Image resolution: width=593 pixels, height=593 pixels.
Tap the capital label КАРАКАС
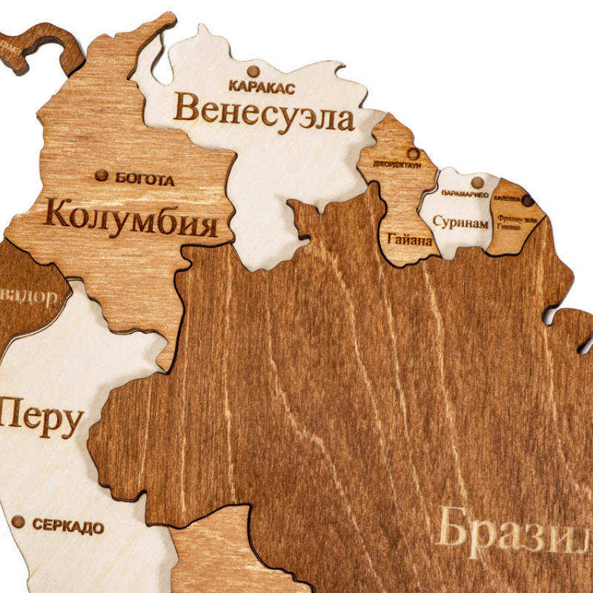[x=262, y=87]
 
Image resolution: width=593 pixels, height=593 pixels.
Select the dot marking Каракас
[x=254, y=72]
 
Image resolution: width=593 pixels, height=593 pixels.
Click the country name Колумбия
[x=130, y=215]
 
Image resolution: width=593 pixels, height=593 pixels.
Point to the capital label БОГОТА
[x=145, y=179]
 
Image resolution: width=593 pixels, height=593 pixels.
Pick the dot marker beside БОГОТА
[x=101, y=176]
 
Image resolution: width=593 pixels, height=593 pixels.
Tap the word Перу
[x=41, y=420]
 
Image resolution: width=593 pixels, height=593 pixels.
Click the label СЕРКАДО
[x=67, y=527]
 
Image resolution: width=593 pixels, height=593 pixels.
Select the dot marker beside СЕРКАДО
[x=19, y=523]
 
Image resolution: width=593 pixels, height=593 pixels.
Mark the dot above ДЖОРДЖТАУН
[x=413, y=153]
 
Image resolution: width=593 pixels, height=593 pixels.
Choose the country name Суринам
[x=460, y=222]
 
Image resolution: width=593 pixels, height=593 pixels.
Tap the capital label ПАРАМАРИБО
[x=465, y=193]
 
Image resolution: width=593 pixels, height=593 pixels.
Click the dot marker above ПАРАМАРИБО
[x=477, y=182]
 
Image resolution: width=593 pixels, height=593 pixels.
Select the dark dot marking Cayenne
[x=527, y=200]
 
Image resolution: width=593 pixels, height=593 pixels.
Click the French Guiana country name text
[x=517, y=222]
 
